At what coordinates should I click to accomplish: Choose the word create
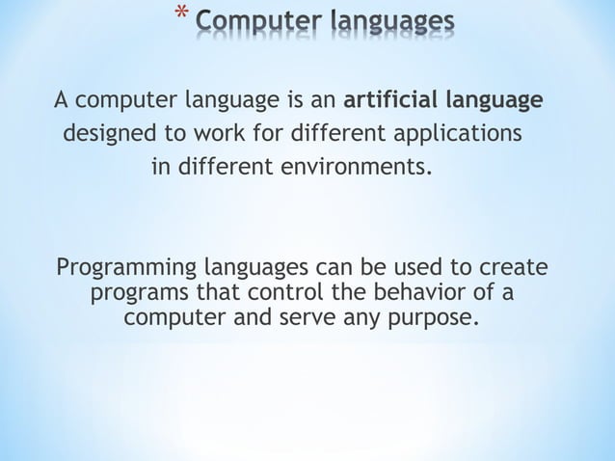pyautogui.click(x=513, y=266)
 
